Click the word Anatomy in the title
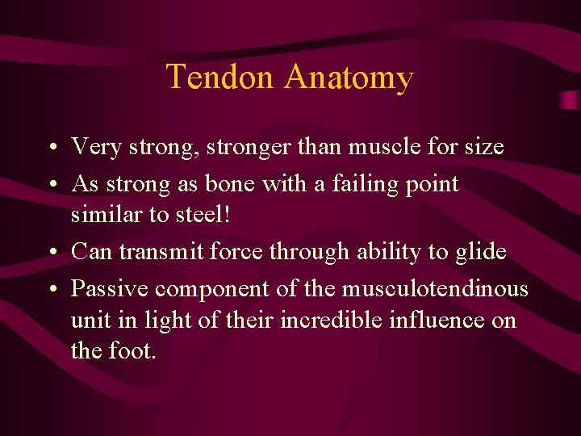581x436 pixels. (x=349, y=78)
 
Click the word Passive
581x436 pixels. (x=110, y=288)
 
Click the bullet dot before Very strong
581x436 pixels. (x=51, y=149)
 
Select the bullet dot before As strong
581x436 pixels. (x=51, y=185)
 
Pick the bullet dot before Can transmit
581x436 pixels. (x=51, y=253)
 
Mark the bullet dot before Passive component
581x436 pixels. (x=51, y=289)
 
